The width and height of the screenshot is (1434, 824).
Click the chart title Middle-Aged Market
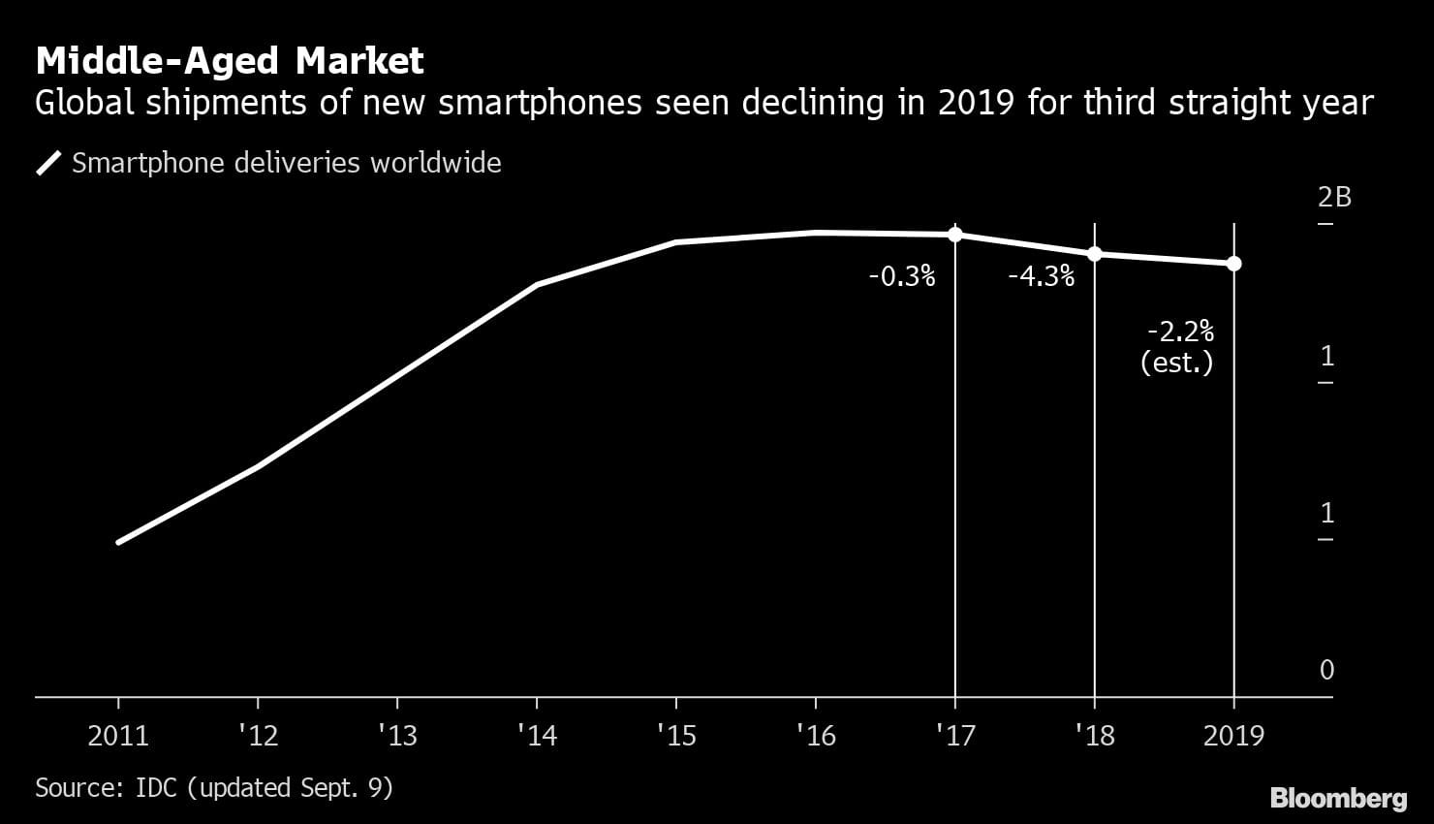[230, 61]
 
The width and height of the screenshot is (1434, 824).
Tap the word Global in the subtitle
[85, 103]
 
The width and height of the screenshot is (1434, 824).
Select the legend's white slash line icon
[48, 163]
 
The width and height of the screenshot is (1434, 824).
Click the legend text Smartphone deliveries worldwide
[286, 162]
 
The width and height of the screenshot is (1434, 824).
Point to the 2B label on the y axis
[1333, 197]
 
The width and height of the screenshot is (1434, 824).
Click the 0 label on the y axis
[1326, 670]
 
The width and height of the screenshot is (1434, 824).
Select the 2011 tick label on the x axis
[118, 736]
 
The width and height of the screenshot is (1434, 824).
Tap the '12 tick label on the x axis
[258, 736]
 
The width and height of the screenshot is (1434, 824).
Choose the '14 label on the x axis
[537, 736]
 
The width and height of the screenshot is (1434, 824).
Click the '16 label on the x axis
[815, 736]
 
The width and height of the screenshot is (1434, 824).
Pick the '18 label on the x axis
[1094, 736]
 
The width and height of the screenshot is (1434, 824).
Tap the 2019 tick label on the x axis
[1233, 736]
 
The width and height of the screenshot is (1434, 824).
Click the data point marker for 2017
[955, 234]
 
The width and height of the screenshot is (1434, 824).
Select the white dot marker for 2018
[1095, 254]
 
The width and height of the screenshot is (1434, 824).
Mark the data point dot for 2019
[1233, 264]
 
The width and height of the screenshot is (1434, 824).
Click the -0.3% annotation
[901, 277]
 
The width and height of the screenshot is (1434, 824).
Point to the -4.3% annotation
[1041, 277]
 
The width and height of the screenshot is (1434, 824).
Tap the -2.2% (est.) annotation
[1178, 347]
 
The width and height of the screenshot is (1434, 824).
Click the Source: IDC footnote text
[213, 787]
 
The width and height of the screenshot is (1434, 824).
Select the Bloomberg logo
[1338, 798]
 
